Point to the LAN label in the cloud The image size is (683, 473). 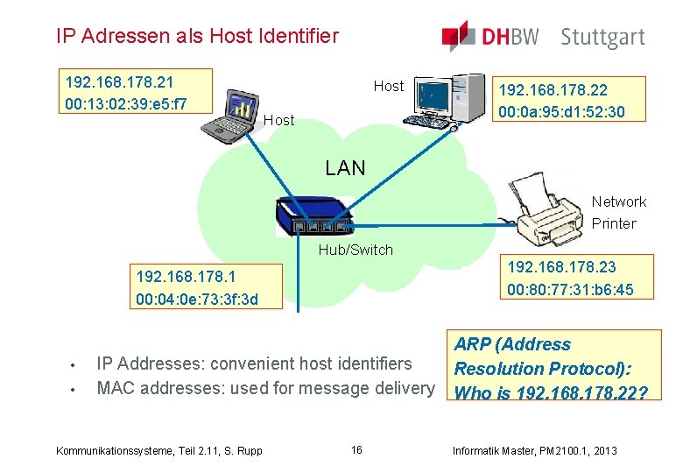click(345, 168)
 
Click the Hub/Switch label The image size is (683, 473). click(356, 250)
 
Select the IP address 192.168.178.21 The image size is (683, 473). click(120, 82)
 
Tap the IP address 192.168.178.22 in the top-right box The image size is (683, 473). click(553, 90)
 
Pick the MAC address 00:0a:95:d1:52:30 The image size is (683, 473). click(561, 112)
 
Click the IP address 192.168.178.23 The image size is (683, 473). click(561, 267)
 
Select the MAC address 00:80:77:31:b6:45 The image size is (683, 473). click(570, 289)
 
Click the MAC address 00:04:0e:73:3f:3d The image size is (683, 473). click(197, 300)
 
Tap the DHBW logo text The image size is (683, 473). click(508, 38)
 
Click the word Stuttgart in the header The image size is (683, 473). click(602, 38)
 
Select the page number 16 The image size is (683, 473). click(356, 450)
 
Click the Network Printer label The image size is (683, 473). click(618, 213)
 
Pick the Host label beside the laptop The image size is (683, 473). click(279, 120)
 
